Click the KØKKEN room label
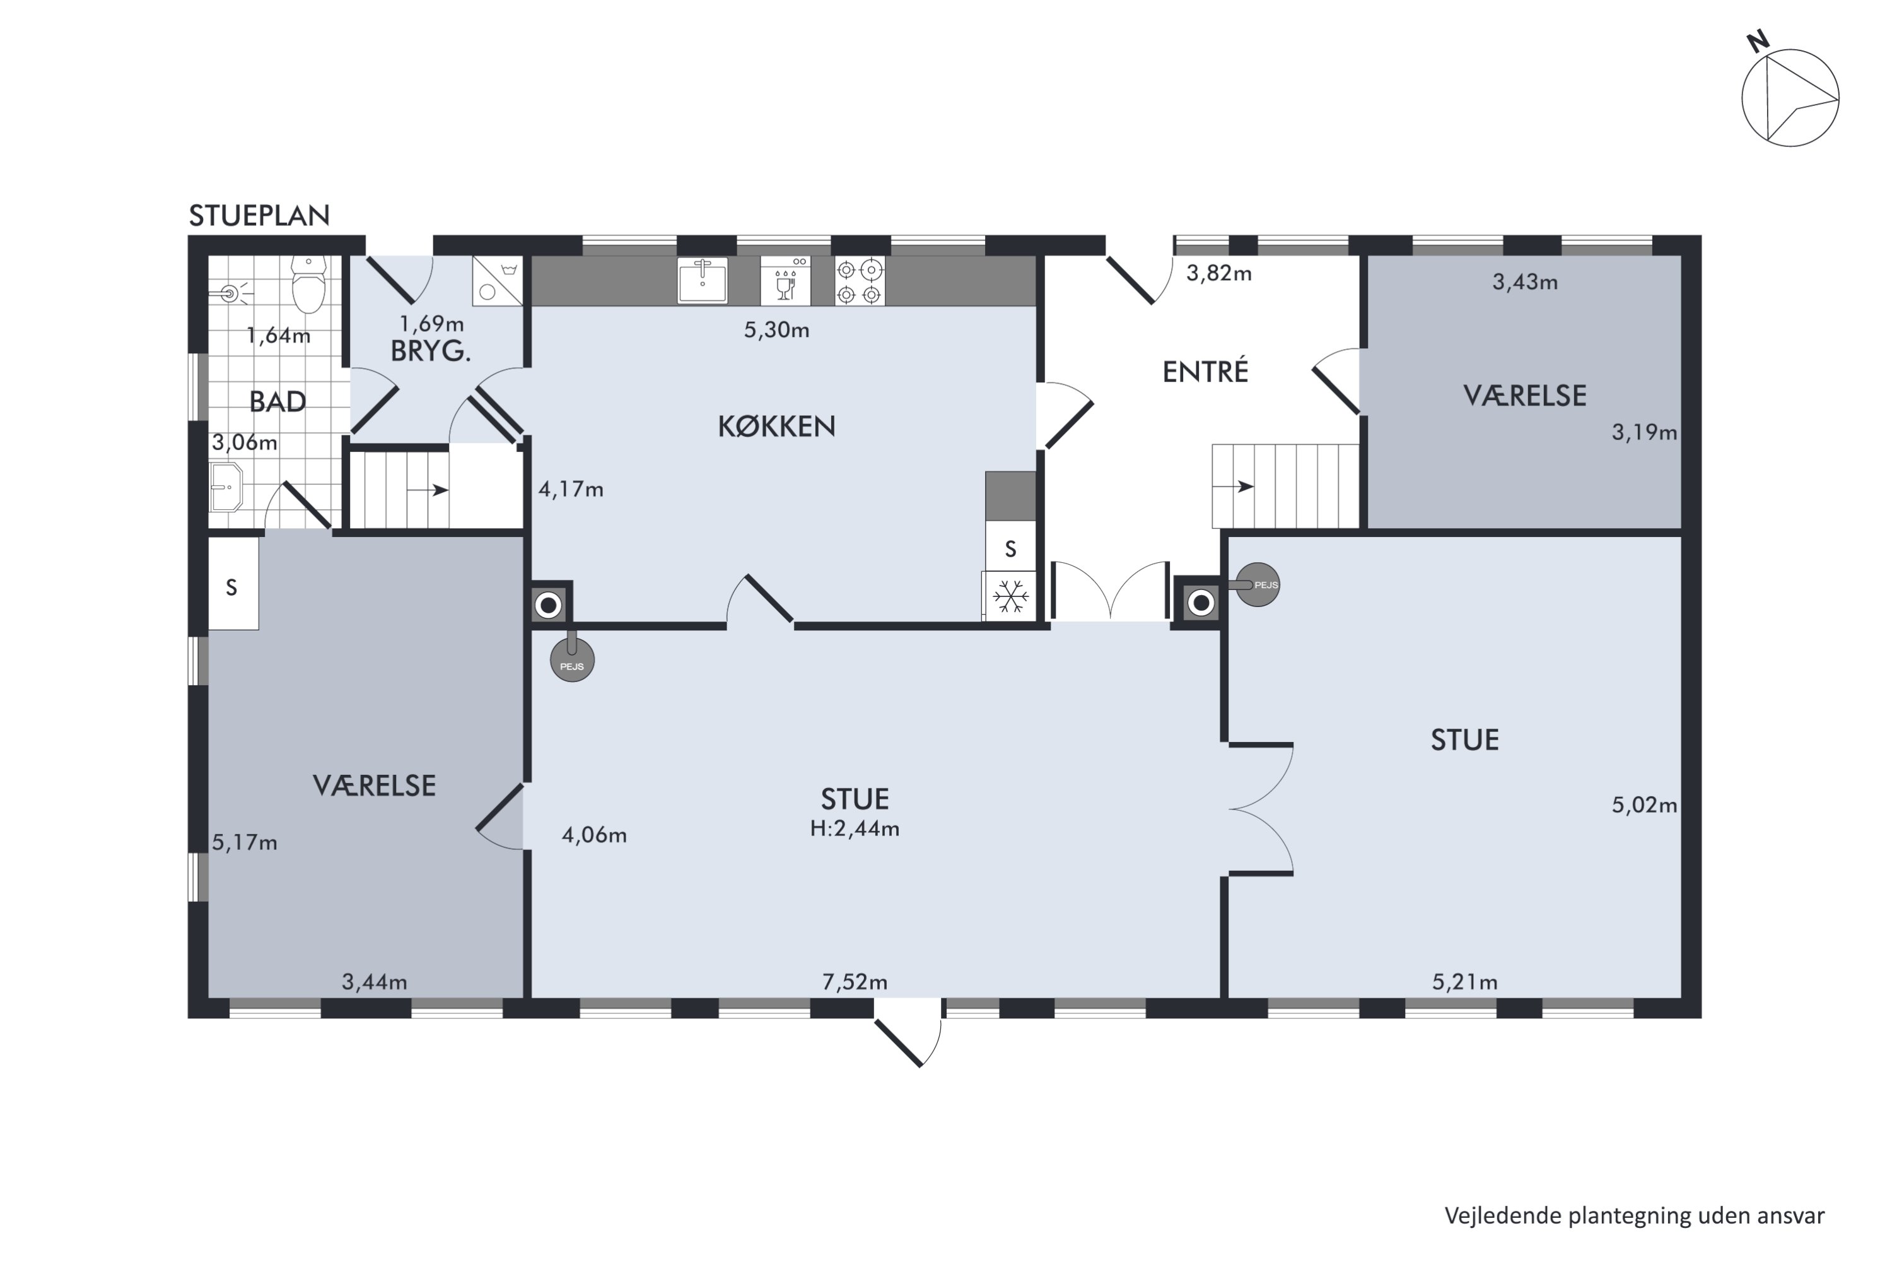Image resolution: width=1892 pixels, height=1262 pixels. tap(776, 427)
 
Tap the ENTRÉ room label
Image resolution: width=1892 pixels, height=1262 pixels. tap(1205, 371)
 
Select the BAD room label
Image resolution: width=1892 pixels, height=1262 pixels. tap(277, 401)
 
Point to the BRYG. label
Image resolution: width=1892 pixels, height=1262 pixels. tap(430, 351)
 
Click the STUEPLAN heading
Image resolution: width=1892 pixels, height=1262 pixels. tap(259, 216)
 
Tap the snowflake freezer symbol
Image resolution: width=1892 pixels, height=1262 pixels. tap(1010, 597)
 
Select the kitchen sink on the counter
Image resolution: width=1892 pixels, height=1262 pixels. tap(703, 280)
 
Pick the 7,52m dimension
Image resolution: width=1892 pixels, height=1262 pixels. tap(855, 982)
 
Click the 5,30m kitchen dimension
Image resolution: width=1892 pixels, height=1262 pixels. tap(776, 330)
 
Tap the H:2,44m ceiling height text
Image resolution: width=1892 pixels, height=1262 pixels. tap(855, 829)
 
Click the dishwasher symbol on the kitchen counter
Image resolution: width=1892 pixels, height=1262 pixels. tap(785, 281)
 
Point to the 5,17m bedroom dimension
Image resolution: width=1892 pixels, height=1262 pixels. tap(245, 842)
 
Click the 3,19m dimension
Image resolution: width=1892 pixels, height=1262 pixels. tap(1644, 433)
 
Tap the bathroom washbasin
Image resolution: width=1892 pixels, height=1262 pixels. tap(226, 487)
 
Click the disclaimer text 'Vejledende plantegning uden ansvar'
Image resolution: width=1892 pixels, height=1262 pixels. tap(1635, 1216)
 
